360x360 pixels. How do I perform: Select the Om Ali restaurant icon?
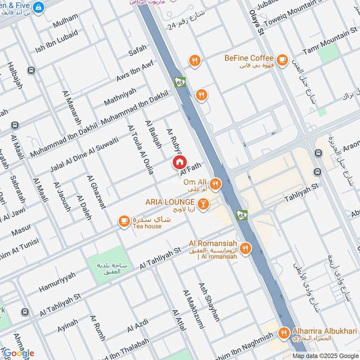(216, 183)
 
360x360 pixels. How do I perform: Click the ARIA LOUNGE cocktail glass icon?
(203, 204)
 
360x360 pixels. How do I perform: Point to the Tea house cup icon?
(123, 221)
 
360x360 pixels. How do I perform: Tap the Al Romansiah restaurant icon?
(245, 248)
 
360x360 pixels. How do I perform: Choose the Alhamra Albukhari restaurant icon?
(283, 333)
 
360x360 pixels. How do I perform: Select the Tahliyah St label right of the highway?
(301, 192)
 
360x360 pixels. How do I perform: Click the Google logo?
(18, 353)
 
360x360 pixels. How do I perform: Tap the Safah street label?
(138, 54)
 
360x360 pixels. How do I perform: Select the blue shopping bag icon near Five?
(39, 7)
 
